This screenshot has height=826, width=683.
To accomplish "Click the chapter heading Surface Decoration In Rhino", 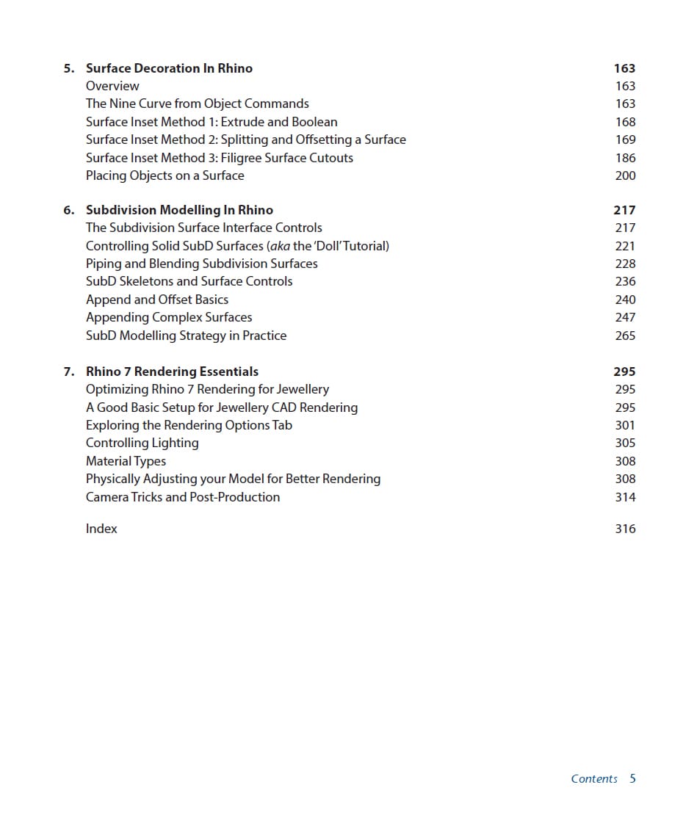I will [169, 68].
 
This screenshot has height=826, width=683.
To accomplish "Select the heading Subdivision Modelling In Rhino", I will [179, 210].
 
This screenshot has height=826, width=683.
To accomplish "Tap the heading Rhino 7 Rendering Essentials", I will [172, 372].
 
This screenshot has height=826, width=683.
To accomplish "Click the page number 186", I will [625, 158].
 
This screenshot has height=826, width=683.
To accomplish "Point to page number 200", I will [625, 175].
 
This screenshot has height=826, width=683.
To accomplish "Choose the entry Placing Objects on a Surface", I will [165, 175].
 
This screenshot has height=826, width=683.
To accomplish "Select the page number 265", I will [625, 336].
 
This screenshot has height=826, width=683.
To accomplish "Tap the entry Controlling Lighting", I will [142, 443].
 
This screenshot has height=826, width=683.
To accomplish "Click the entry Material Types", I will [126, 461].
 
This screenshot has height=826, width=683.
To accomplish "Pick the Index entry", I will [101, 529].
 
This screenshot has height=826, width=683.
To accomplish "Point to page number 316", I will [625, 529].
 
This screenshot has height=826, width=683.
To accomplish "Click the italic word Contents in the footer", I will [594, 779].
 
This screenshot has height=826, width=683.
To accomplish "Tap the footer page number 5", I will [632, 779].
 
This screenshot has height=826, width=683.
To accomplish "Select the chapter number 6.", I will [68, 210].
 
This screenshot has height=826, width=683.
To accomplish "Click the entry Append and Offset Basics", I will [157, 300].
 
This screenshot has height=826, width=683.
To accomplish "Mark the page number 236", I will [625, 281].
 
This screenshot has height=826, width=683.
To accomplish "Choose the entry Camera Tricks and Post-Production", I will [183, 497].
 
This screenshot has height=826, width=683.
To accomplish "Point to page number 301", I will [625, 425].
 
